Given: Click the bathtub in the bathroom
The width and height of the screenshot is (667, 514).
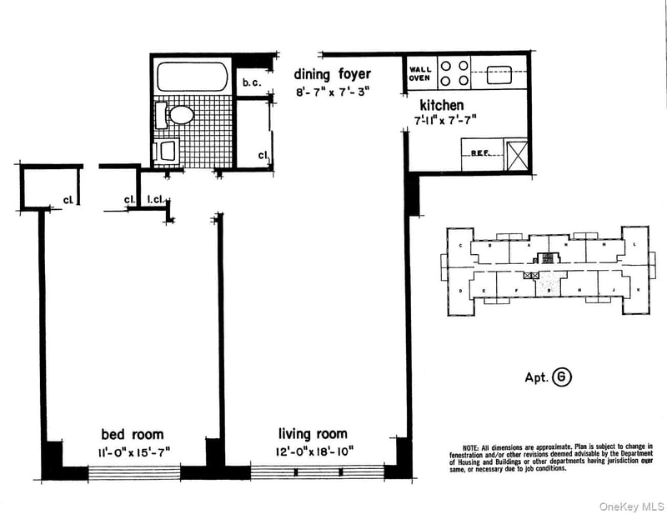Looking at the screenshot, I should point(193,77).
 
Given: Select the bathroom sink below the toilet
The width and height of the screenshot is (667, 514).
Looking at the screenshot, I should point(168,150).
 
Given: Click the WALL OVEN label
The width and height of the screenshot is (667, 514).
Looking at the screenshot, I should point(419,73).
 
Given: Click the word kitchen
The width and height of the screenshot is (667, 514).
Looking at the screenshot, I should point(441,106).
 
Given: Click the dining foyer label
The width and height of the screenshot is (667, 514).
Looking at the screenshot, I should point(331,74).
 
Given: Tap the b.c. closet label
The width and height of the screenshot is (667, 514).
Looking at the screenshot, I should point(251,82).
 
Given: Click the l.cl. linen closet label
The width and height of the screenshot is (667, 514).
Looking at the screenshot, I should point(156,199).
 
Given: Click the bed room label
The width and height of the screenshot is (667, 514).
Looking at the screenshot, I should point(133,434).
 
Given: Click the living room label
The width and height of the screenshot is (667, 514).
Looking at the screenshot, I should point(313,434).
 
